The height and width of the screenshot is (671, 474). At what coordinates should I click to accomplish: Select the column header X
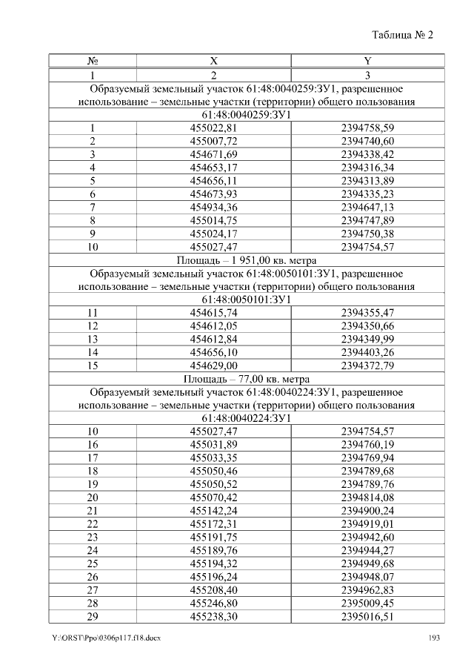click(213, 61)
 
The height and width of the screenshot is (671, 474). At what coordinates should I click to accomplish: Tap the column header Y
click(367, 61)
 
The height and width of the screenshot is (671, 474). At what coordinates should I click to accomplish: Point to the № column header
click(93, 61)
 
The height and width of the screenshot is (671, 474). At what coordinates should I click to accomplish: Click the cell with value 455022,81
click(213, 128)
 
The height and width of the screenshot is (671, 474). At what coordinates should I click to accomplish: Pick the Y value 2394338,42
click(367, 154)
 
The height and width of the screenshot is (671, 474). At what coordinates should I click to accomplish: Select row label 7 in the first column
click(93, 208)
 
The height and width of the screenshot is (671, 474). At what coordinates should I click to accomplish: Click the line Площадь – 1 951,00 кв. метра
click(246, 261)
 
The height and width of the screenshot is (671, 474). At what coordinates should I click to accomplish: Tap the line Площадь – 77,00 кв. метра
click(246, 377)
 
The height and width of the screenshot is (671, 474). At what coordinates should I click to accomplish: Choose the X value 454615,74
click(213, 312)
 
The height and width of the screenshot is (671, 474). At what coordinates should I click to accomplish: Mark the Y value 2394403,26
click(367, 352)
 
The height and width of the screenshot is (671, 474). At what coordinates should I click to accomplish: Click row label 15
click(93, 366)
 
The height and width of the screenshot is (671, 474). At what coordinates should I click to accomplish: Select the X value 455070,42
click(213, 497)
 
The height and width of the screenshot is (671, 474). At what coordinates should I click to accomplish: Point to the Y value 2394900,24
click(367, 510)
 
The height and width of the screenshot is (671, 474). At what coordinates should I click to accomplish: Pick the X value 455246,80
click(213, 604)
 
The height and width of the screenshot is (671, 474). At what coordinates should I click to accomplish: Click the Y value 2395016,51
click(367, 617)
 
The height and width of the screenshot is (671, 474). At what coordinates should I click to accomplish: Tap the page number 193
click(435, 638)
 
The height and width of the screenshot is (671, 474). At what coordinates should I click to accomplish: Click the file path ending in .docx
click(106, 638)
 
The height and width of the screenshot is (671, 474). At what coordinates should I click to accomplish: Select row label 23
click(93, 537)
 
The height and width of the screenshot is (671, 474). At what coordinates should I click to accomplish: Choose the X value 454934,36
click(213, 208)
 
